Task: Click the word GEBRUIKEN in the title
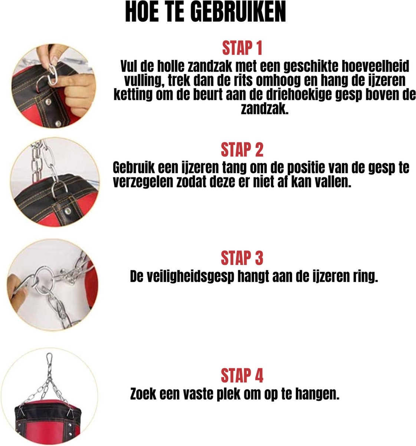[239, 12]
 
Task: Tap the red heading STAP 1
[242, 48]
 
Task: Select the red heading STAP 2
[242, 149]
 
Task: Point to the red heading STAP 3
[242, 258]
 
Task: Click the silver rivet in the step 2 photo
[67, 211]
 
